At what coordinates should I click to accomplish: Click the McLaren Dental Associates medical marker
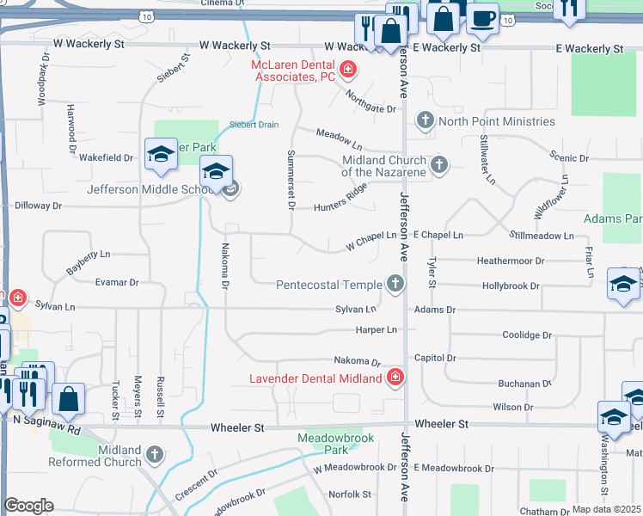tap(348, 69)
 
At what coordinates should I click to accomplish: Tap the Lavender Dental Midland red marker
tap(395, 378)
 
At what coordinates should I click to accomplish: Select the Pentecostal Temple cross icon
tap(395, 284)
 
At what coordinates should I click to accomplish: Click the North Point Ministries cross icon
tap(424, 120)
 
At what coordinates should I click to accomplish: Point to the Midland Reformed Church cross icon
tap(155, 453)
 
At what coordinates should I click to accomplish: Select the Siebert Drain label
tap(254, 125)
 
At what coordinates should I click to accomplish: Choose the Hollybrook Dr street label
tap(511, 286)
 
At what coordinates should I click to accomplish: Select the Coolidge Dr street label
tap(528, 335)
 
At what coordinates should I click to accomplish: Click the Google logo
tap(28, 506)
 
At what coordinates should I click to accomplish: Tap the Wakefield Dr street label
tap(107, 158)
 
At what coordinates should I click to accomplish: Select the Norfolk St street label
tap(350, 494)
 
